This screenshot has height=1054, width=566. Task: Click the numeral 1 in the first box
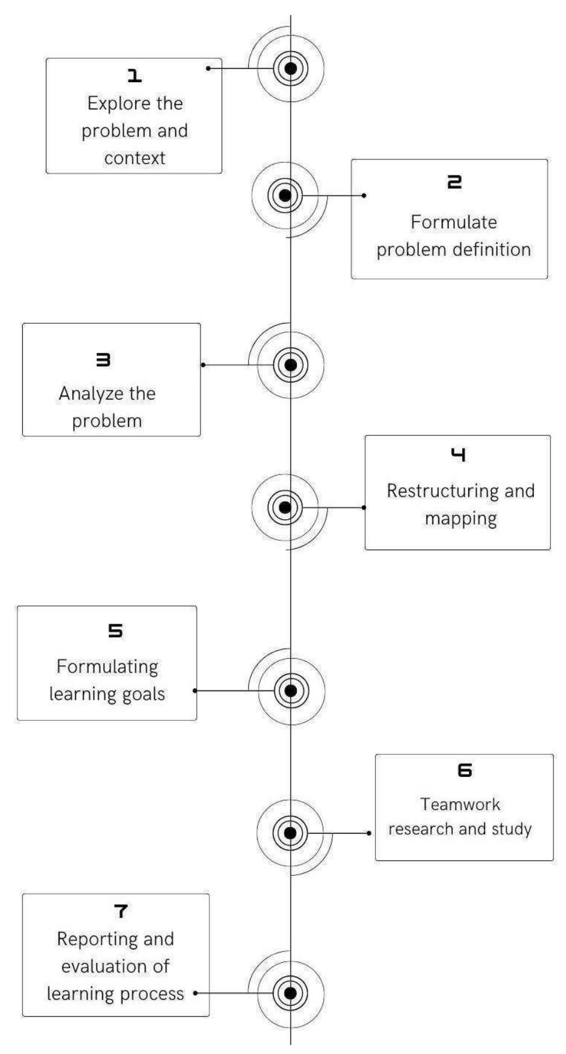coord(135,76)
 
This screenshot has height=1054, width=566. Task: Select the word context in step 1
coord(135,158)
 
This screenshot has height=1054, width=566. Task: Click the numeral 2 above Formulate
coord(454,182)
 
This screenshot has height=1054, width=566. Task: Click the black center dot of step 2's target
coord(285,196)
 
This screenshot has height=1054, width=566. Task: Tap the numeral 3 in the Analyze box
coord(103,360)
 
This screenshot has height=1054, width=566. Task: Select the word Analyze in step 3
coord(90,394)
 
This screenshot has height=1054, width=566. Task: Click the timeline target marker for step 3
coord(290,365)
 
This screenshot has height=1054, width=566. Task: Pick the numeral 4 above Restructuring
coord(459,455)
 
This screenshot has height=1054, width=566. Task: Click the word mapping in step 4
coord(460,519)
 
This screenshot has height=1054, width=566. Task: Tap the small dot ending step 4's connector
coord(364,508)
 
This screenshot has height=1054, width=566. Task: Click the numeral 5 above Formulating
coord(115,631)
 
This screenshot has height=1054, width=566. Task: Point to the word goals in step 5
coord(142,694)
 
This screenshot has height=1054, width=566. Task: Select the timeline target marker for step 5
coord(291,691)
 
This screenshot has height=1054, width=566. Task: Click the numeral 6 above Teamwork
coord(465,770)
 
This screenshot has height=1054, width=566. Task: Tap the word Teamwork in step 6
coord(460,804)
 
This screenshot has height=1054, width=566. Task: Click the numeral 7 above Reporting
coord(121,911)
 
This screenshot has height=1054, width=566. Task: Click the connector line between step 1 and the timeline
coord(241,68)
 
